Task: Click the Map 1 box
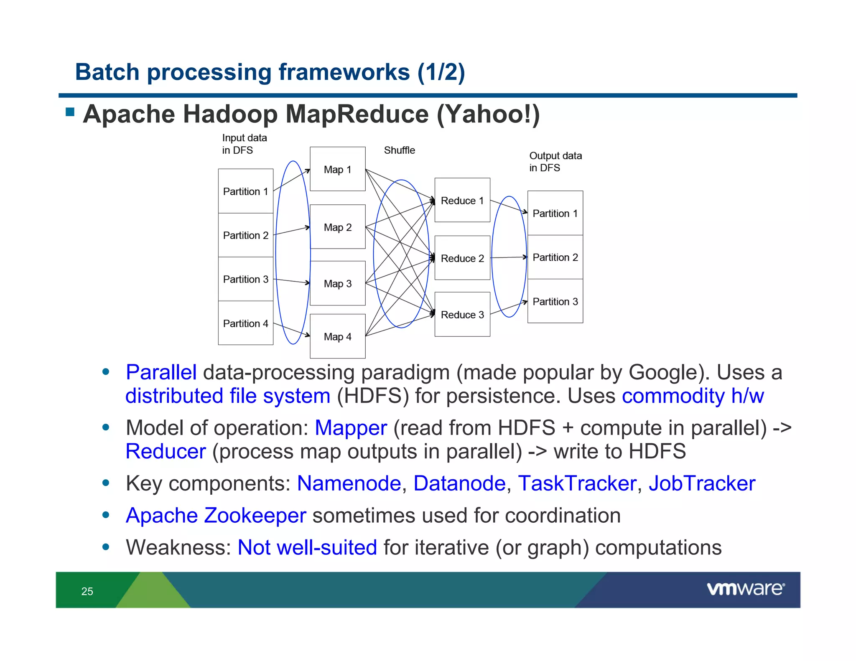click(337, 169)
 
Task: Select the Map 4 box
click(337, 336)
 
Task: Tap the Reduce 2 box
click(462, 258)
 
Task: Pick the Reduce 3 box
click(462, 314)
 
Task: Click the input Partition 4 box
click(245, 323)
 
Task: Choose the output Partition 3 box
click(555, 301)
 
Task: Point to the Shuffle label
click(399, 150)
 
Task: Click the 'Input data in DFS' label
click(244, 144)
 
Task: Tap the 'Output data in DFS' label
click(555, 162)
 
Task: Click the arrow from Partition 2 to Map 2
click(292, 231)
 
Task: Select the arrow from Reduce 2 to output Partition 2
click(508, 257)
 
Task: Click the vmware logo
click(745, 589)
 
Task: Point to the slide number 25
click(87, 591)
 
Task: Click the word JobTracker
click(702, 483)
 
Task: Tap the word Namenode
click(349, 483)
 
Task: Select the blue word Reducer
click(166, 451)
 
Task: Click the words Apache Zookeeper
click(216, 515)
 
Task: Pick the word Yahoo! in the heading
click(488, 114)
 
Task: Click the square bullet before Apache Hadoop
click(70, 112)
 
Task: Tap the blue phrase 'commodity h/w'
click(693, 396)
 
